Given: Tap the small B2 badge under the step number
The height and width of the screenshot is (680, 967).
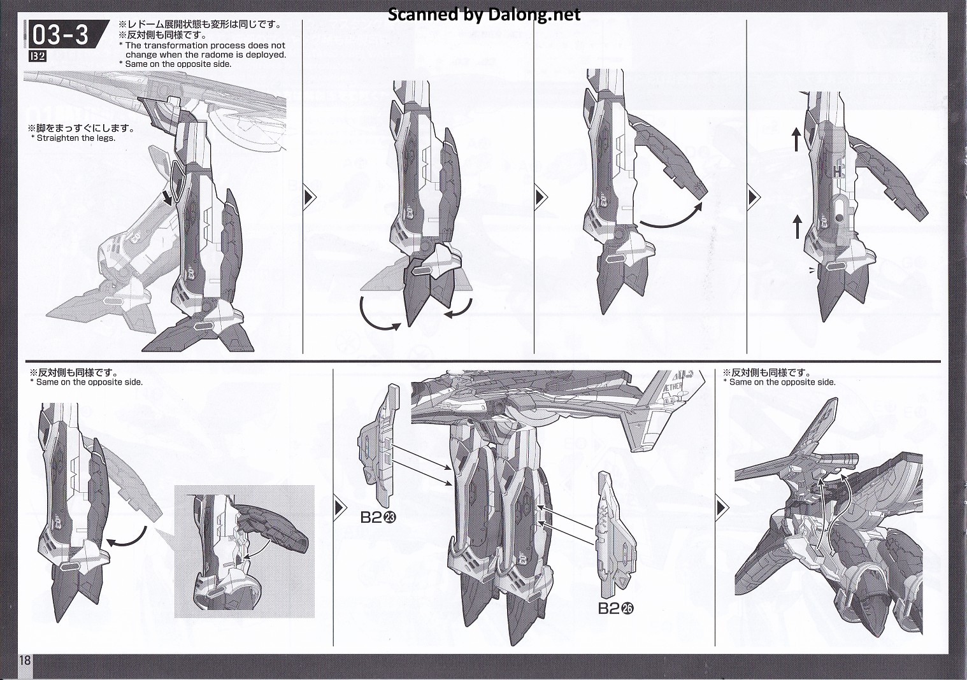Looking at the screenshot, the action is (x=38, y=57).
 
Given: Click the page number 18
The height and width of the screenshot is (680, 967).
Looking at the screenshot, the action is (x=25, y=660).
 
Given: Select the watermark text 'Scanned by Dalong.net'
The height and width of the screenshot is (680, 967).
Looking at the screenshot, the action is (x=484, y=15).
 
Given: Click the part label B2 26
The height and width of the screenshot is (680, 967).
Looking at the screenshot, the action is (x=616, y=609).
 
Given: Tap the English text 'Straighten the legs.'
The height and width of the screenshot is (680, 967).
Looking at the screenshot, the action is (x=76, y=138).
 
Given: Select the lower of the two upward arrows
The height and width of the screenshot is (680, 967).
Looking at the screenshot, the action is (x=797, y=227).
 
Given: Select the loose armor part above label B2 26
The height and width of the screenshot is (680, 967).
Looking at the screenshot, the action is (x=617, y=535).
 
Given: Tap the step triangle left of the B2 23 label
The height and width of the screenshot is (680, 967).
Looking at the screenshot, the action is (x=341, y=507).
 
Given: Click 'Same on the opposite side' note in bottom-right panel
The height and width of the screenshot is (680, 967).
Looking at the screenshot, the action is (x=782, y=382).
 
